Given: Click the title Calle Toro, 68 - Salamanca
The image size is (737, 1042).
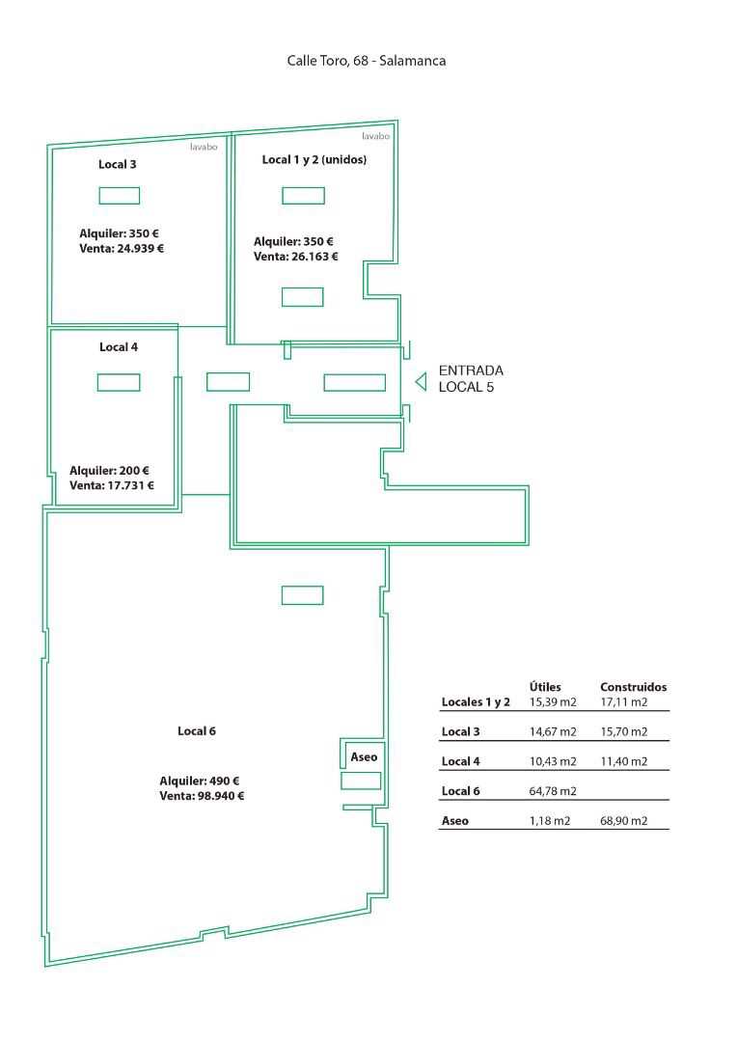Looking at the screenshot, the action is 367,61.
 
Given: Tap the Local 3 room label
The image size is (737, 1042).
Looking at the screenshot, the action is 118,164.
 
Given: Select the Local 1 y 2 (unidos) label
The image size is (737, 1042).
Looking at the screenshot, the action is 314,159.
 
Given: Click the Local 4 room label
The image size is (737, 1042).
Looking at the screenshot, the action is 119,347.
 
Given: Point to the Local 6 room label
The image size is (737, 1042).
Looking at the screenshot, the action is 197,731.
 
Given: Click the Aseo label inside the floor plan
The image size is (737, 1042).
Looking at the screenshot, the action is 364,757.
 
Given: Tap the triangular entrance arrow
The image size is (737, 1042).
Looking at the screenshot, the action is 420,382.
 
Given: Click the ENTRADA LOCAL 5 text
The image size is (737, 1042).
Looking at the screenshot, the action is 471,379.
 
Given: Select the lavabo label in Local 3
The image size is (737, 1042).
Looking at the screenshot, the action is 204,147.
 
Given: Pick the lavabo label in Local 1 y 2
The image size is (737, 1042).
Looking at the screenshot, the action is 375,136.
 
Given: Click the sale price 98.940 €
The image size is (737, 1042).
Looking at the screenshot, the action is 221,796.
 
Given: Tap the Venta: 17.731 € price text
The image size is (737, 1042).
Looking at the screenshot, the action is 112,485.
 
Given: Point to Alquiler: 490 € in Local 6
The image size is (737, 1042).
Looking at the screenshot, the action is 200,781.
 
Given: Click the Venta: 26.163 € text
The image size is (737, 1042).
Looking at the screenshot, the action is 296,257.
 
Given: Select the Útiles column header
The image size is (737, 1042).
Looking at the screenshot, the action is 545,687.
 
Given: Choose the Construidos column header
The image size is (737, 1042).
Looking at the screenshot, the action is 634,687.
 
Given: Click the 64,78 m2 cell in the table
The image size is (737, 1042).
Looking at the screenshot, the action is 553,791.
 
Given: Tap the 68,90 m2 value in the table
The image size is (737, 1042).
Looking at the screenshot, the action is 623,821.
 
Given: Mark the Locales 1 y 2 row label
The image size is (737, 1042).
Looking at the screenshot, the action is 476,701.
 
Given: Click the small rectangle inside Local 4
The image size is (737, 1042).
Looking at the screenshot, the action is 119,382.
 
